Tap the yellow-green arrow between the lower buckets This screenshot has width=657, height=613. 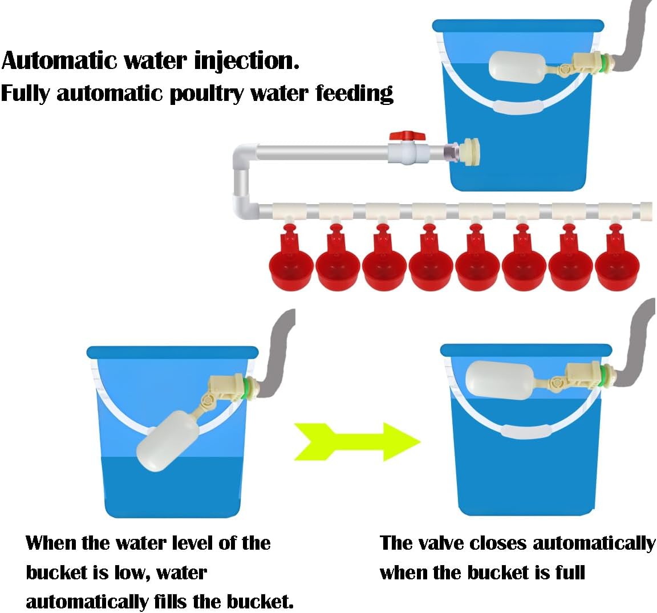pyautogui.click(x=357, y=441)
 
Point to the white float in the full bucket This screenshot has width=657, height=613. pyautogui.click(x=500, y=381)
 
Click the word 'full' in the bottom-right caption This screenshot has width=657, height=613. pyautogui.click(x=567, y=572)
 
